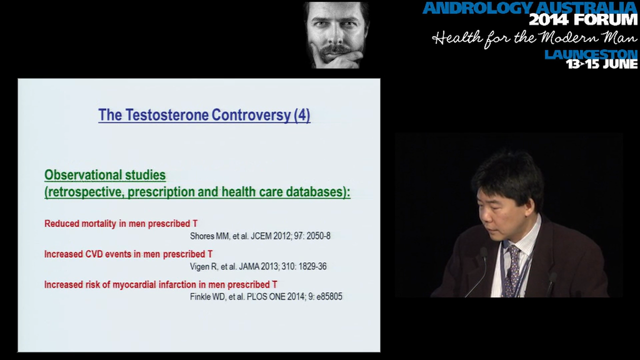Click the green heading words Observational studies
(105, 175)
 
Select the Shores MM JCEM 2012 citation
(260, 236)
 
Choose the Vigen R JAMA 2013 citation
(258, 266)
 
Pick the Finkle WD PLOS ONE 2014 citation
(266, 296)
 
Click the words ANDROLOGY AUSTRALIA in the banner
(530, 7)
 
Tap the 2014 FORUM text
(583, 20)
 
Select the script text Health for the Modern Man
(534, 38)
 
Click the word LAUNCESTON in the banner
(591, 54)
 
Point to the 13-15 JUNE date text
(601, 64)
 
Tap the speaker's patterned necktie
(512, 270)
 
